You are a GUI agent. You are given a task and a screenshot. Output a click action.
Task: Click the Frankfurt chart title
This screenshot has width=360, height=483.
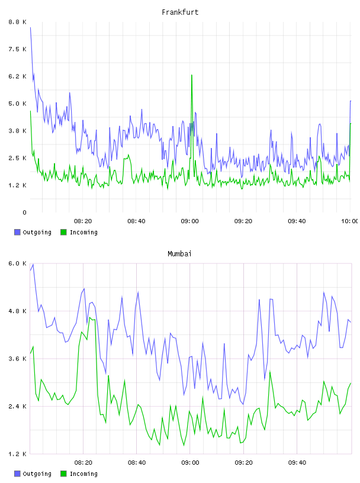180,12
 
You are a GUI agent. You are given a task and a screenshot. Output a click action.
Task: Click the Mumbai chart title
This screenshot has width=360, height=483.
179,254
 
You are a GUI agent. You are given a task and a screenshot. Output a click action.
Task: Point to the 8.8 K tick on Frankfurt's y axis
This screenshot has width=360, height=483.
17,22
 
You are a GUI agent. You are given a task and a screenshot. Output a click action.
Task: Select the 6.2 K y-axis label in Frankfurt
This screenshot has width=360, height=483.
17,76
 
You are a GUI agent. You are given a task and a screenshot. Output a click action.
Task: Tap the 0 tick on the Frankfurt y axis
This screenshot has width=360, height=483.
24,212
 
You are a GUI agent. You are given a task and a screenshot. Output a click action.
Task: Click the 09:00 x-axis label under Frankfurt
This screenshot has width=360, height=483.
190,221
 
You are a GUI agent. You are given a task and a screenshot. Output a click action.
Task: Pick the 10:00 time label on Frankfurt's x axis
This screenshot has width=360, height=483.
350,221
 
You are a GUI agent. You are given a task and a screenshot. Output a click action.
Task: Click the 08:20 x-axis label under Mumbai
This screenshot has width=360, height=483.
83,463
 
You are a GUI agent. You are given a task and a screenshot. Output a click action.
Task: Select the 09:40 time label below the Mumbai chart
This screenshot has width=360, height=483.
297,463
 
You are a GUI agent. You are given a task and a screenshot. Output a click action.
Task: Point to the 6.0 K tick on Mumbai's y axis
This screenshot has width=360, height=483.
17,263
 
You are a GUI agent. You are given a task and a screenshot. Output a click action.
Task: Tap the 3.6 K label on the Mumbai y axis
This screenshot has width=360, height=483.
17,359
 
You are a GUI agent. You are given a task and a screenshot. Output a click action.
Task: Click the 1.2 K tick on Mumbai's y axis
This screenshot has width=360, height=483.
17,454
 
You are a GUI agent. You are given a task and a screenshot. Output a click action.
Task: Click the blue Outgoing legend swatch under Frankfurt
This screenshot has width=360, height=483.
17,232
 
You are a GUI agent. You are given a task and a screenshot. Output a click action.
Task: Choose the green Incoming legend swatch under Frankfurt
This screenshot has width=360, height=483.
63,232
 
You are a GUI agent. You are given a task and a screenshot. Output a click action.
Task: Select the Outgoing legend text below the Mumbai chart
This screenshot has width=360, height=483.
37,474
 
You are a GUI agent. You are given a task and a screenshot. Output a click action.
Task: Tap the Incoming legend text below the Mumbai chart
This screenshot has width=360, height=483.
83,474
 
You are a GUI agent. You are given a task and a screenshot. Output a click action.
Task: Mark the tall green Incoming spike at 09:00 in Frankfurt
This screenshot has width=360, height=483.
192,75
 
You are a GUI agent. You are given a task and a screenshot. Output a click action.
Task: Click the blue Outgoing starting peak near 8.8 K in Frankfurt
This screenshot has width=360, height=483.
30,27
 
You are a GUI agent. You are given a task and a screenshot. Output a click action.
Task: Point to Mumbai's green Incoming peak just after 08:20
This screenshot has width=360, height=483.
90,318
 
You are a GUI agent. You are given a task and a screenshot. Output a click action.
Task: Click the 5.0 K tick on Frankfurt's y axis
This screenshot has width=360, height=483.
17,104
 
